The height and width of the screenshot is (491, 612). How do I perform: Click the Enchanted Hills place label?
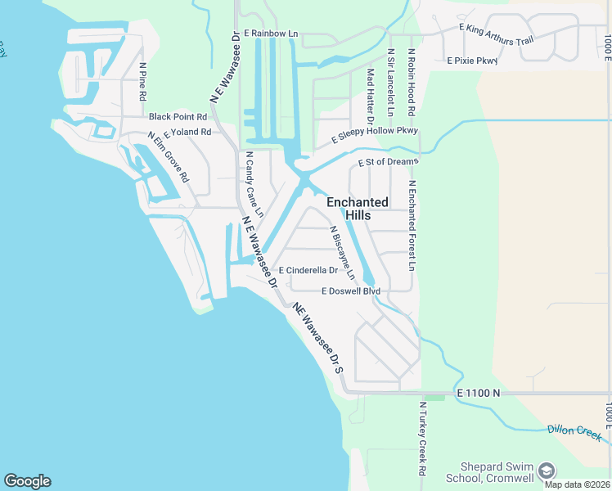[x=358, y=209]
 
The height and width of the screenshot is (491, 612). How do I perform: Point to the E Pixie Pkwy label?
[x=471, y=61]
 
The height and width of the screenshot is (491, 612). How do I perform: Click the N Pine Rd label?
[x=142, y=82]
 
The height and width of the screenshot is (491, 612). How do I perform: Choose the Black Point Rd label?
[x=178, y=117]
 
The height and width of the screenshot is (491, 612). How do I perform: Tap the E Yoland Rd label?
[x=187, y=132]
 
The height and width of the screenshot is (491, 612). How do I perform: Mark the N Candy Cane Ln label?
[x=254, y=184]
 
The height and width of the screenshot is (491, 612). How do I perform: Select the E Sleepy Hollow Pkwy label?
[x=375, y=135]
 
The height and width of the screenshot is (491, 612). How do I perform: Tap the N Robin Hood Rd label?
[x=412, y=83]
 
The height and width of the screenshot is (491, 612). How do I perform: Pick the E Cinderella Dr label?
[x=308, y=270]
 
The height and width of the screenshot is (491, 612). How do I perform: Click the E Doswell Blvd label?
[x=351, y=291]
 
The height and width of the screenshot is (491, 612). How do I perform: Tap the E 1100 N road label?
[x=479, y=394]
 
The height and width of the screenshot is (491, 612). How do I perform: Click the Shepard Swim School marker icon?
[x=547, y=471]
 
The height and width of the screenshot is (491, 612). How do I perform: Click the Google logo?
[x=27, y=481]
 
